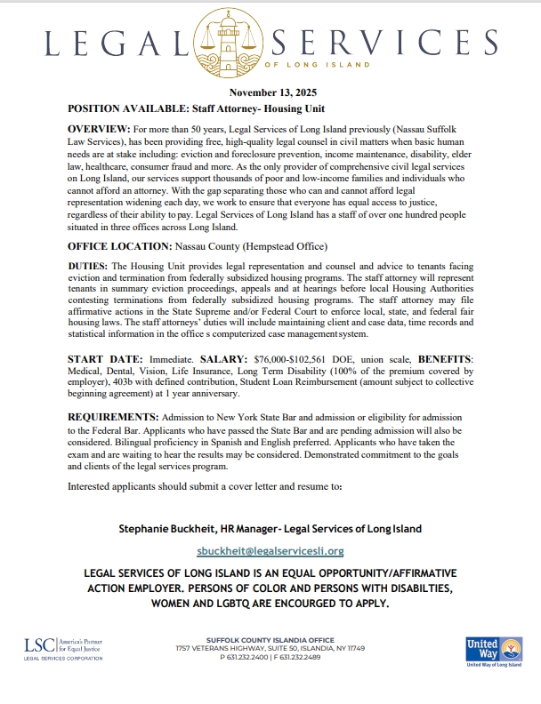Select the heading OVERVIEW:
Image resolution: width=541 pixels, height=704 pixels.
pos(99,130)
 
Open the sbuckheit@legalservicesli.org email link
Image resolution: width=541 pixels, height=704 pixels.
pos(270,551)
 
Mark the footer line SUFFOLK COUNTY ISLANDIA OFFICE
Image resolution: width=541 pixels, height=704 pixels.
pos(270,640)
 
